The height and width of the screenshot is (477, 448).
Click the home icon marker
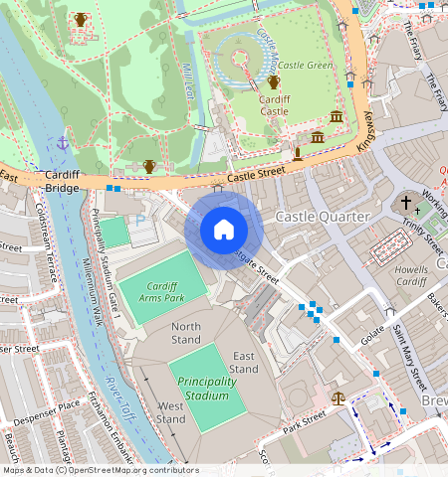(x=224, y=231)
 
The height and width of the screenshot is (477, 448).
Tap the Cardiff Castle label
(x=274, y=105)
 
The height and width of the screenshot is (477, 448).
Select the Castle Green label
(x=305, y=65)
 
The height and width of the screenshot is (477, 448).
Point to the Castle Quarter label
(x=323, y=216)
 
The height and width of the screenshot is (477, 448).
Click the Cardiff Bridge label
(x=69, y=182)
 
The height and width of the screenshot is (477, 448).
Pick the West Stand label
(x=170, y=412)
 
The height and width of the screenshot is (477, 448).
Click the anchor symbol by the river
(x=62, y=143)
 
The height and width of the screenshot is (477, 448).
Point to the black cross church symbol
(x=405, y=204)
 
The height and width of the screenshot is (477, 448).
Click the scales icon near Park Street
(x=338, y=397)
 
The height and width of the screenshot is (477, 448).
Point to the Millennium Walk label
(x=95, y=288)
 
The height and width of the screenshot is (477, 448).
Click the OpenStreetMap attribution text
(x=100, y=470)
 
